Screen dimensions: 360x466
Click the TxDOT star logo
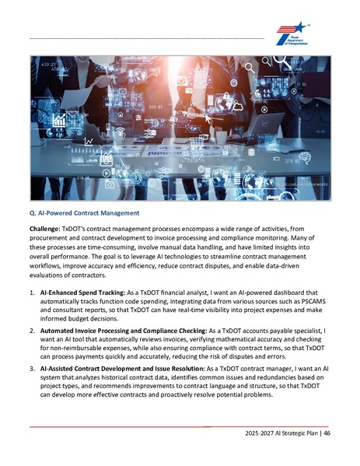click(293, 34)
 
